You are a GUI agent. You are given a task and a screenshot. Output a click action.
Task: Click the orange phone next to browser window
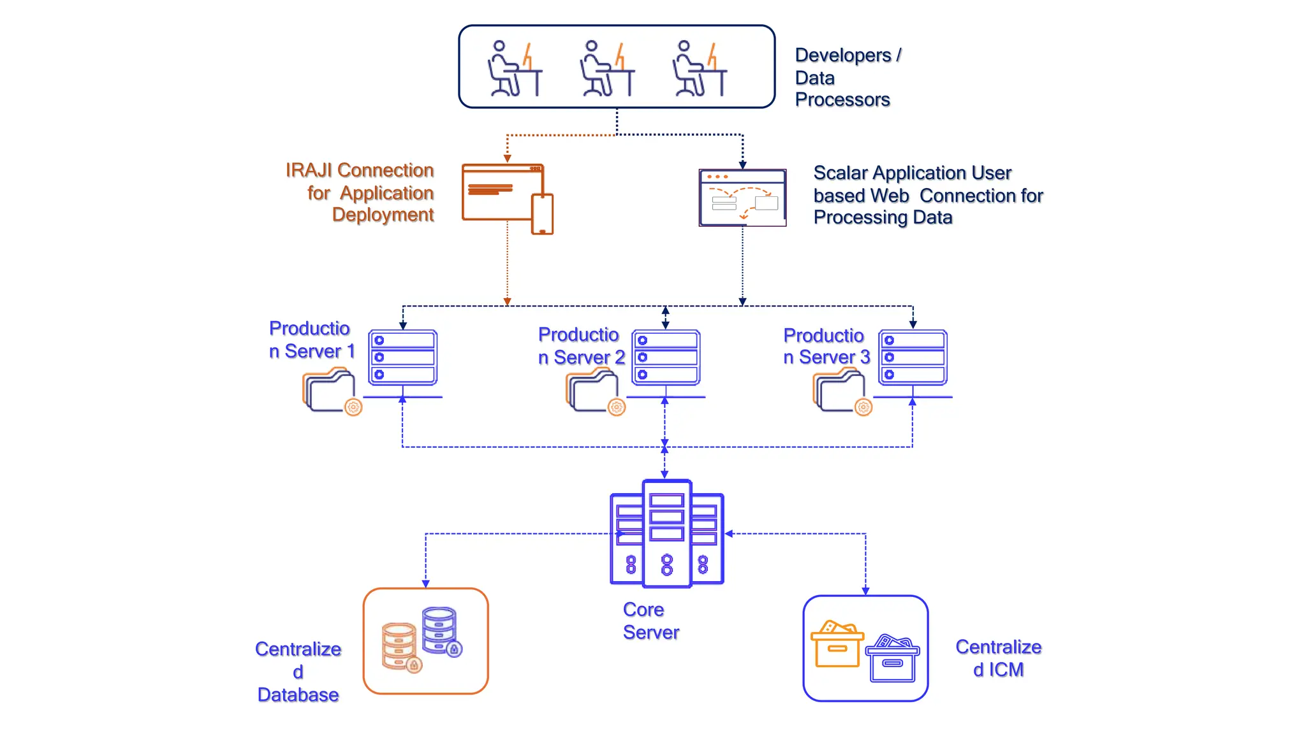pos(542,215)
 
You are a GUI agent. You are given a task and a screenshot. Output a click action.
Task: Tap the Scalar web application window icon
pos(742,198)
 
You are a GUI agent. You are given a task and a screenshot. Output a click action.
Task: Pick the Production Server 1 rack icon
pos(402,358)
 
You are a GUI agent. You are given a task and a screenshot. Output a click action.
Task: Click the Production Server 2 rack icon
pos(666,358)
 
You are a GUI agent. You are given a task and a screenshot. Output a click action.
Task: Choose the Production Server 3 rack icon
pos(913,358)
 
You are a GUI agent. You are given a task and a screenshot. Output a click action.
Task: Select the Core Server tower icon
pos(666,534)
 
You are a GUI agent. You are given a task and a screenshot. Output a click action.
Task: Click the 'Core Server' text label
pos(650,621)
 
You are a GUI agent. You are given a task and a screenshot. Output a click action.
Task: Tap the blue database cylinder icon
pos(440,630)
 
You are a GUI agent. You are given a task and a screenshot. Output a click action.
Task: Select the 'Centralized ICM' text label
pos(998,658)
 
